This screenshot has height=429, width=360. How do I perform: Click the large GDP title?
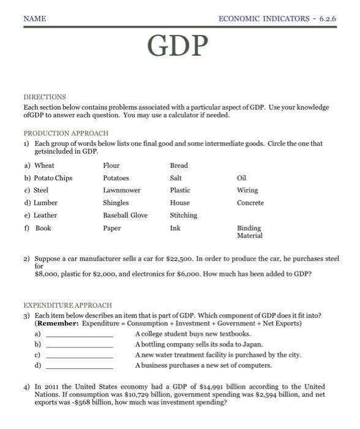coord(178,45)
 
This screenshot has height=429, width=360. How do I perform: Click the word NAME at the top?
coord(34,19)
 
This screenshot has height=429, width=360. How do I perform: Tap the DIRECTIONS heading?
coord(44,97)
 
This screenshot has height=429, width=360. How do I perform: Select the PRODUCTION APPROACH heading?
coord(66,133)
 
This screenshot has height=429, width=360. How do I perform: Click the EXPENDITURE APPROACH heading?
coord(67,305)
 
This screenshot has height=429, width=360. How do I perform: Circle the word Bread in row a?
coord(179,165)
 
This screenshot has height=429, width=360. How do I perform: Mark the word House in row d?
coord(179,203)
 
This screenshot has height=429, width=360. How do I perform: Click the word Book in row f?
coord(43,228)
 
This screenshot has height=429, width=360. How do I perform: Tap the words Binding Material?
coord(249,232)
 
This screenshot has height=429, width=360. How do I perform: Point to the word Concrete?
coord(250,203)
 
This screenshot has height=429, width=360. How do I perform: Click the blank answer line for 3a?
coord(80,336)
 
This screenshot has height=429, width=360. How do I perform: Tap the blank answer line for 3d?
coord(80,367)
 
